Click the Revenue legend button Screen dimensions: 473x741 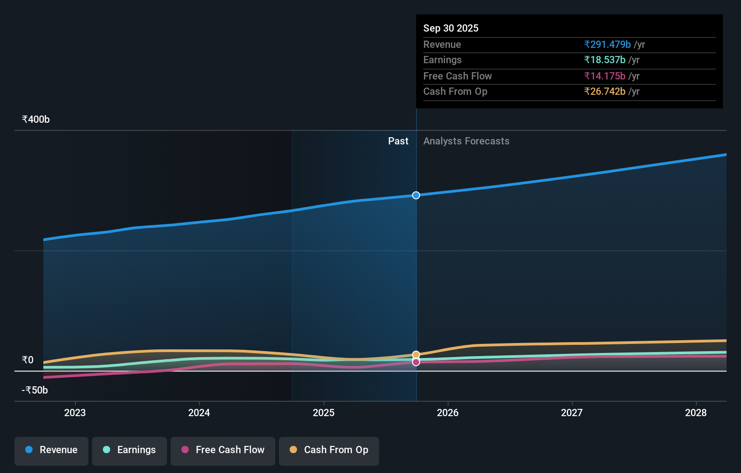(x=51, y=450)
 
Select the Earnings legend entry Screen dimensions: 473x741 (x=130, y=450)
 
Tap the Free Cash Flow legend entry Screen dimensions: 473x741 (x=223, y=450)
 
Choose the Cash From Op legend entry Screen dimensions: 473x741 (x=329, y=450)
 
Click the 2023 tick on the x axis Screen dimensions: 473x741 (x=75, y=413)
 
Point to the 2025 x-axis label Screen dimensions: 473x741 (x=324, y=413)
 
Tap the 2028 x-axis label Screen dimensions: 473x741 (x=695, y=413)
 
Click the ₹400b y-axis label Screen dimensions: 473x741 (x=36, y=120)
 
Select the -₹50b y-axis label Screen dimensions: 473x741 (x=35, y=390)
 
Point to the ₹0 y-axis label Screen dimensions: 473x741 (x=28, y=360)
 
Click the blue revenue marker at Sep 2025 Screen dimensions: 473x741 (x=416, y=195)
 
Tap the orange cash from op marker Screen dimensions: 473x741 (x=416, y=355)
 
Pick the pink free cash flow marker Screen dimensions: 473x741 (x=416, y=362)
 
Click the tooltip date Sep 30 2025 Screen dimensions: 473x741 (x=450, y=28)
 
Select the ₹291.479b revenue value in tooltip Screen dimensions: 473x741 (x=607, y=45)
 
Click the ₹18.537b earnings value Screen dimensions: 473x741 (x=604, y=60)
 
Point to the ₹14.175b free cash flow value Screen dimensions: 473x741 (x=604, y=76)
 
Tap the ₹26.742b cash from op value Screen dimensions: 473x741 (x=604, y=92)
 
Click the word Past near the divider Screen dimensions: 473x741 (x=398, y=141)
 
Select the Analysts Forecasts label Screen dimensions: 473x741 (x=466, y=141)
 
